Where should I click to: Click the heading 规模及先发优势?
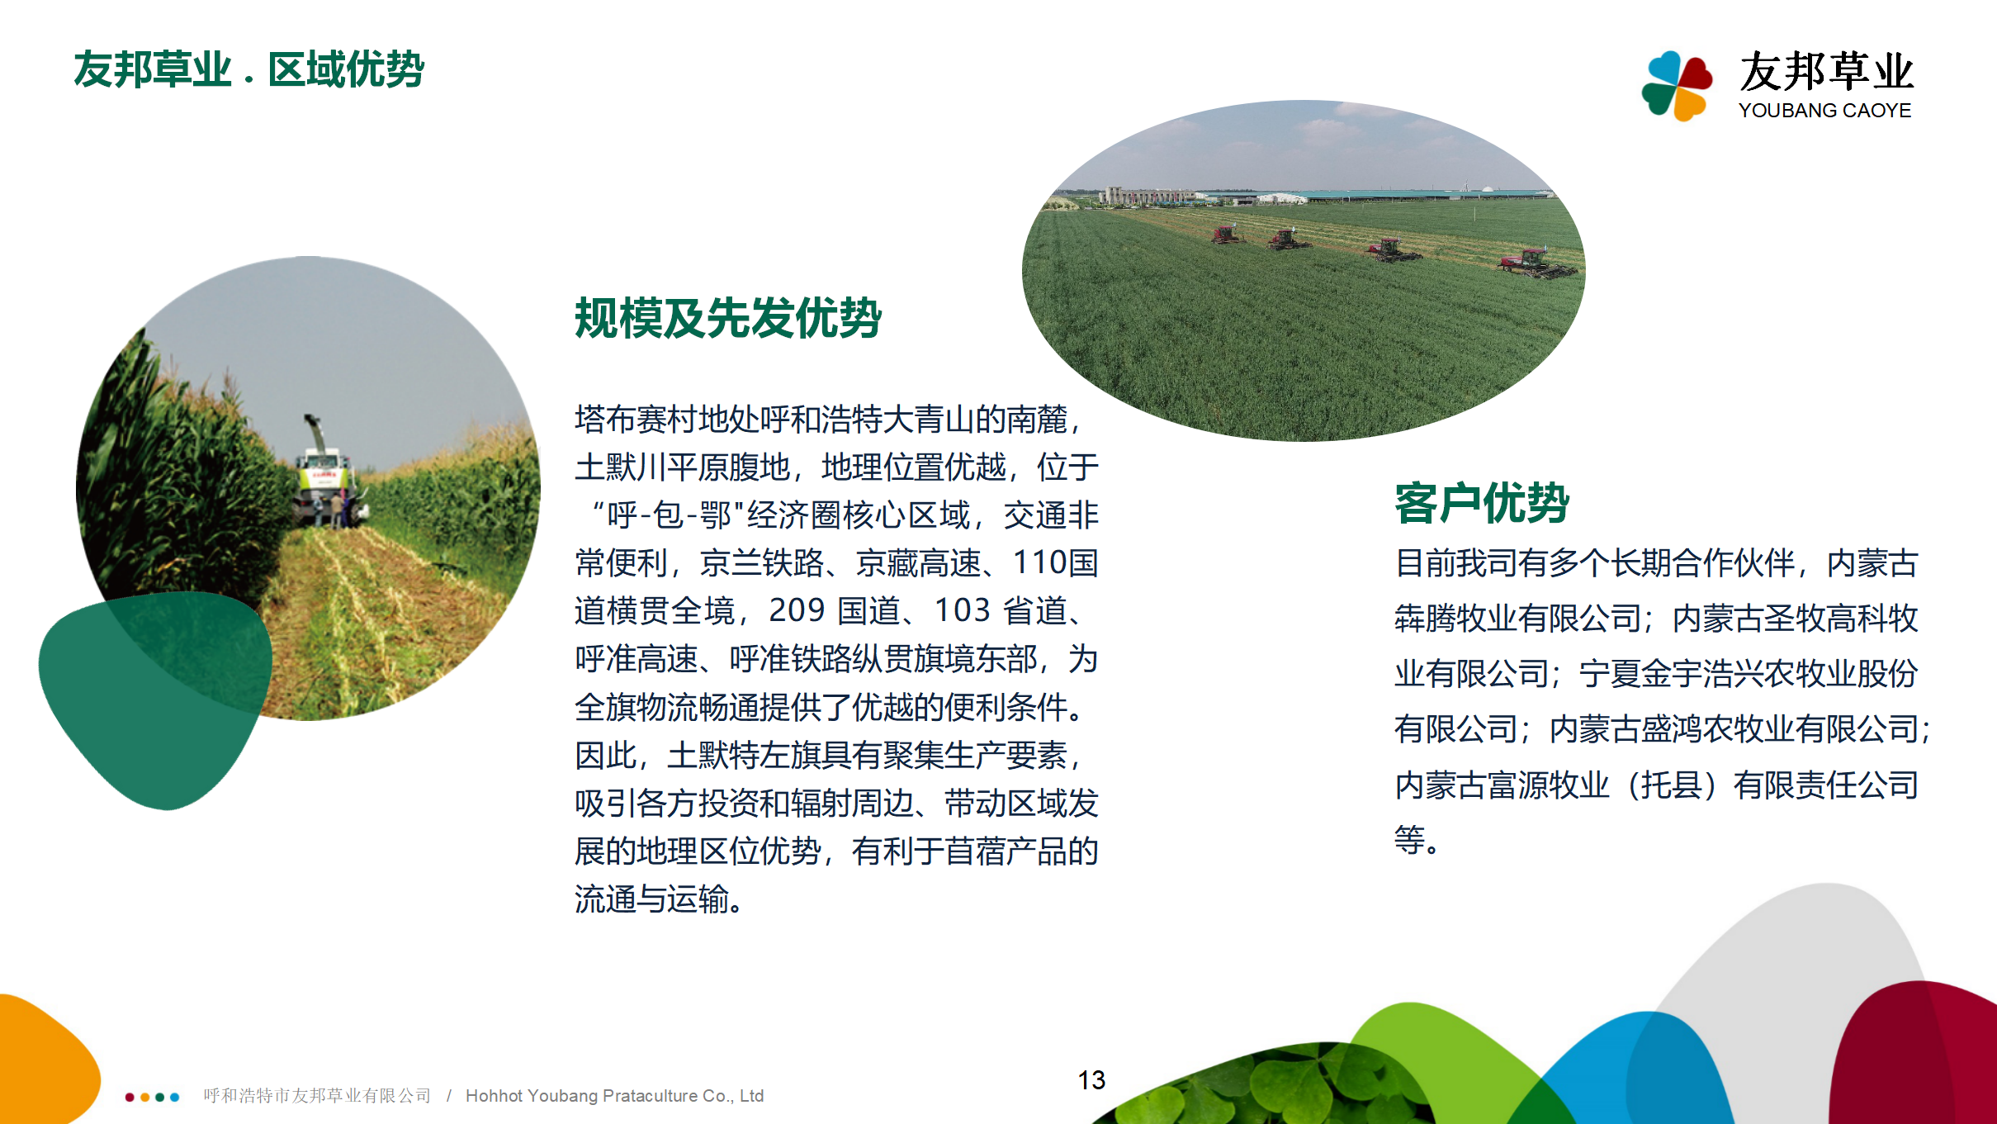coord(728,318)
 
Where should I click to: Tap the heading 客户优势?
coord(1482,502)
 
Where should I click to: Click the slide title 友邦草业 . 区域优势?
coord(248,69)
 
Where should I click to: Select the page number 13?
coord(1091,1080)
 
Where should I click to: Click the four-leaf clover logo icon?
coord(1677,86)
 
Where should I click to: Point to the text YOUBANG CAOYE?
coord(1824,111)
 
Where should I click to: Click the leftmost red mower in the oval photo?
coord(1227,235)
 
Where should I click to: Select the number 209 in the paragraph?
coord(797,611)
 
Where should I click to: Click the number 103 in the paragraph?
coord(962,611)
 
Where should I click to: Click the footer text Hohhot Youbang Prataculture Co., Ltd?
coord(614,1096)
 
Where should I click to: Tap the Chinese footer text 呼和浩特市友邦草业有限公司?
coord(318,1096)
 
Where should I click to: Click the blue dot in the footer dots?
coord(174,1098)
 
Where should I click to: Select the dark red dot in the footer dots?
coord(130,1098)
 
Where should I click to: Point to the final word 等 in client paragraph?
coord(1410,840)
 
